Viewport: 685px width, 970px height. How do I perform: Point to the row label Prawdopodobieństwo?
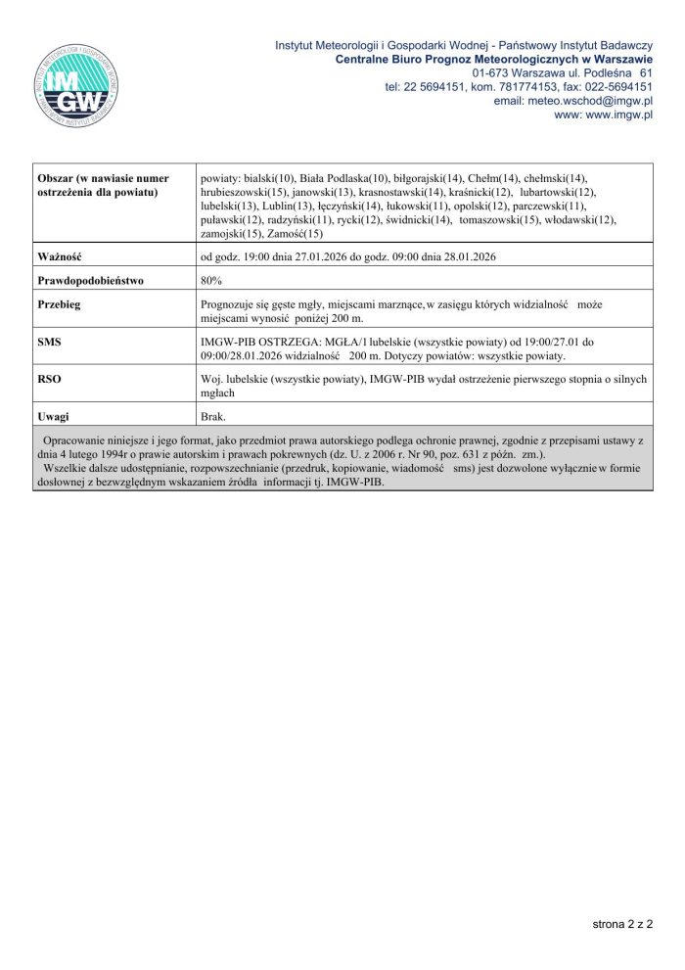click(90, 280)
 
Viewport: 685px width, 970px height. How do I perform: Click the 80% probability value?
click(211, 280)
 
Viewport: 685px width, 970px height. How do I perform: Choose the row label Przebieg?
click(59, 304)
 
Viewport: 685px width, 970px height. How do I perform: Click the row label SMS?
click(49, 342)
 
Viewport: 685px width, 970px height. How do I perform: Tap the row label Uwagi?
click(53, 416)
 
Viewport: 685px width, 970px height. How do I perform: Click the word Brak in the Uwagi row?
click(212, 416)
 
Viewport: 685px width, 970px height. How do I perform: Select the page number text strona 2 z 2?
click(622, 923)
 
